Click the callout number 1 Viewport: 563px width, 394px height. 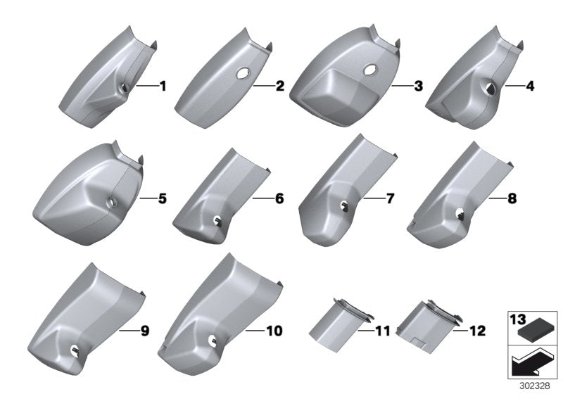163,87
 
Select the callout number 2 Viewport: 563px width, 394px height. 279,87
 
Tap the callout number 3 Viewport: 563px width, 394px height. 398,87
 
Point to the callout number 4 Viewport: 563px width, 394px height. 510,87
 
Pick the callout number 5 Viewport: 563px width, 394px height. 163,199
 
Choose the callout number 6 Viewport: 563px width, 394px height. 279,199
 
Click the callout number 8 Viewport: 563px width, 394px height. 512,199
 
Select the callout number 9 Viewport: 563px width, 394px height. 145,329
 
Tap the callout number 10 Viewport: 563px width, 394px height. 273,329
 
